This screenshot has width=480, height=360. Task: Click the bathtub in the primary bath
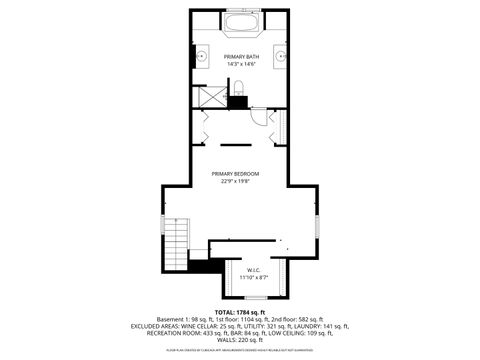(x=240, y=24)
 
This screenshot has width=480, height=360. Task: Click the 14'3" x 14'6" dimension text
(x=240, y=65)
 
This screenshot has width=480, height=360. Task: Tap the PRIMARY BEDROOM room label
(x=241, y=174)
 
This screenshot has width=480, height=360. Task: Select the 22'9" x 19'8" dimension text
(x=241, y=181)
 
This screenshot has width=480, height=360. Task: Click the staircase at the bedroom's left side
(x=175, y=240)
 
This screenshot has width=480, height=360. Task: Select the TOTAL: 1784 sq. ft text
(x=240, y=312)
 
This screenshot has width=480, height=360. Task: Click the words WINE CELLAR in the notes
(x=203, y=326)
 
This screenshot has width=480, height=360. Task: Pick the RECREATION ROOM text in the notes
(x=158, y=333)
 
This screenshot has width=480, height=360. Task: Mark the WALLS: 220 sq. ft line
(x=240, y=340)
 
